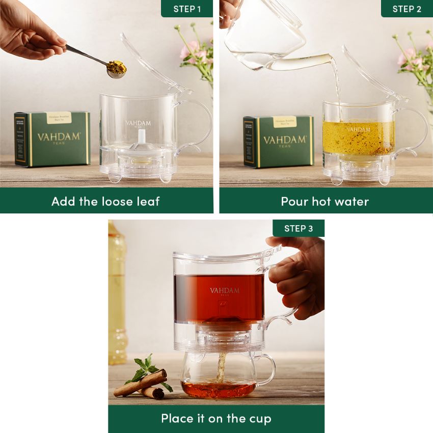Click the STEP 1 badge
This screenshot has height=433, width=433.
click(x=187, y=9)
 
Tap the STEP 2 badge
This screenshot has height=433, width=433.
click(x=407, y=9)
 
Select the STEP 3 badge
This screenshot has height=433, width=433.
click(x=299, y=228)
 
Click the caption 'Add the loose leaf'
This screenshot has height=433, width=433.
click(x=106, y=201)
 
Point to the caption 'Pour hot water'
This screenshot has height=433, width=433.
click(x=325, y=201)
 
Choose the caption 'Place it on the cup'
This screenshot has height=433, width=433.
click(x=216, y=419)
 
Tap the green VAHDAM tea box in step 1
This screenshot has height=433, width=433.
click(x=52, y=139)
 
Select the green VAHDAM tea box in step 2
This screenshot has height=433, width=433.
click(x=279, y=141)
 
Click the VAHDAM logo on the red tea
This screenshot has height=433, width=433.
click(x=224, y=291)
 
